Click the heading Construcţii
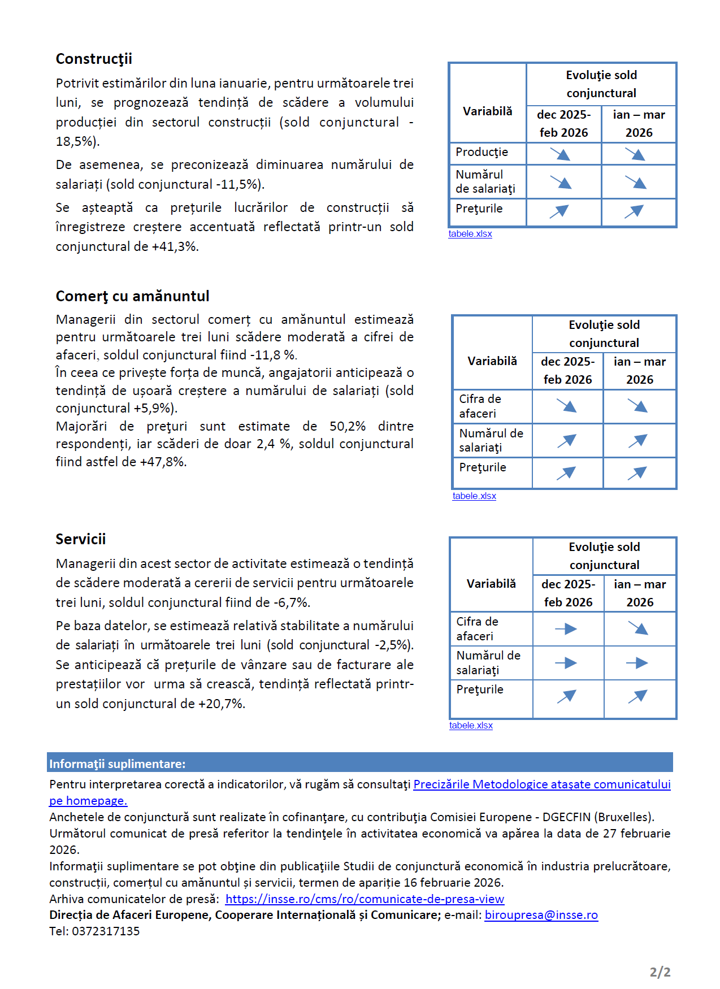pos(94,59)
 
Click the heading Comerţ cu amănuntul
pos(132,296)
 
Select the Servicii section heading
pos(80,539)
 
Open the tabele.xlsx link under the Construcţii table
pos(470,234)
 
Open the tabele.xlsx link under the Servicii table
pos(471,726)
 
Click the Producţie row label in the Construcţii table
pos(482,152)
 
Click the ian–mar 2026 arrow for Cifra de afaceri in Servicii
pos(638,628)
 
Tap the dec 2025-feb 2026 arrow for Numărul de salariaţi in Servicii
pos(566,663)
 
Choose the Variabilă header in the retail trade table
pos(492,361)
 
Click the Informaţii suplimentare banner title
pos(118,764)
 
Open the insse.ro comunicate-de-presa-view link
pos(365,899)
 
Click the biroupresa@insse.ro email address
pos(541,915)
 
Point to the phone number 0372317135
pos(106,931)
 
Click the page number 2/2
pos(660,972)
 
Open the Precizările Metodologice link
pos(541,784)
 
